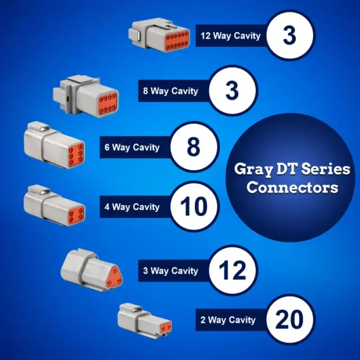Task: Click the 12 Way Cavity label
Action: (x=230, y=36)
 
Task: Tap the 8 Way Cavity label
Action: (x=171, y=91)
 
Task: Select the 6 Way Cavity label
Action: (x=132, y=147)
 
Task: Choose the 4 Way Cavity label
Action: (x=132, y=207)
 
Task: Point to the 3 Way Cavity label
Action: (x=171, y=271)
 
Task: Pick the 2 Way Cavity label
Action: (x=228, y=320)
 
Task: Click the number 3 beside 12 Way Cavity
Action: (x=290, y=35)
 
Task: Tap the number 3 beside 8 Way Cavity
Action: (x=232, y=91)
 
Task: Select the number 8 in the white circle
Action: (x=193, y=147)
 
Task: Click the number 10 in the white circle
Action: (x=194, y=207)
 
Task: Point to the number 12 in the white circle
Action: (x=232, y=271)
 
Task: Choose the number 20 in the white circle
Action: (x=289, y=319)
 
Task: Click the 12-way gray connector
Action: (x=159, y=35)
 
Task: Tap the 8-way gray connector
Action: (x=86, y=95)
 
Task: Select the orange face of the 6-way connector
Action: (x=76, y=154)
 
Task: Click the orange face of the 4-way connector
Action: (x=76, y=214)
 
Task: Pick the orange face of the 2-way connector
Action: (x=166, y=328)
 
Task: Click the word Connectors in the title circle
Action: (x=292, y=188)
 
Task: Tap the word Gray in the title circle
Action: (x=254, y=170)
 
